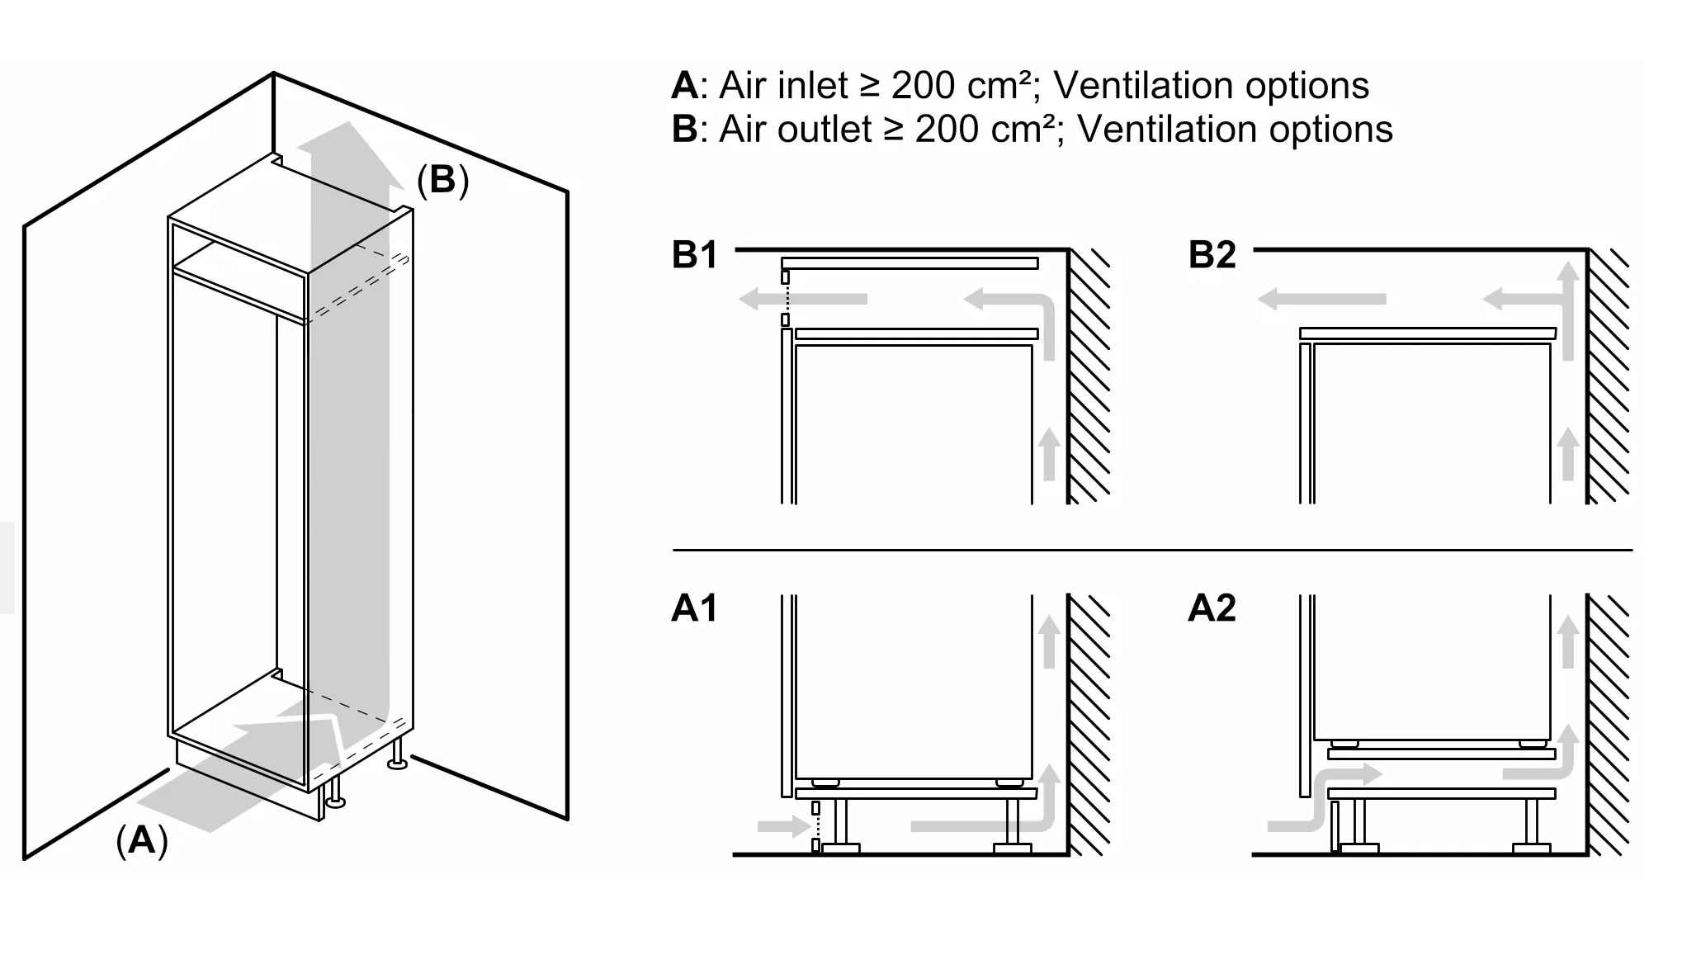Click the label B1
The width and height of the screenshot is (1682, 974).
coord(694,255)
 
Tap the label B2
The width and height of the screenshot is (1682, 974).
coord(1212,255)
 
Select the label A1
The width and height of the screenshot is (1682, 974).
coord(694,608)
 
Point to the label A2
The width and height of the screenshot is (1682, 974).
coord(1212,608)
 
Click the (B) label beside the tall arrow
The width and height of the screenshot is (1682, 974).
coord(442,180)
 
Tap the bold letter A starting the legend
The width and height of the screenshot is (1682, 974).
coord(685,85)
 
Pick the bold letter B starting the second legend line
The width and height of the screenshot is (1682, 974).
coord(685,129)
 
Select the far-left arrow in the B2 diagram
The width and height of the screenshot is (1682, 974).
coord(1321,299)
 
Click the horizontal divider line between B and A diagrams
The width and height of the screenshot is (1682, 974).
coord(1152,549)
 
